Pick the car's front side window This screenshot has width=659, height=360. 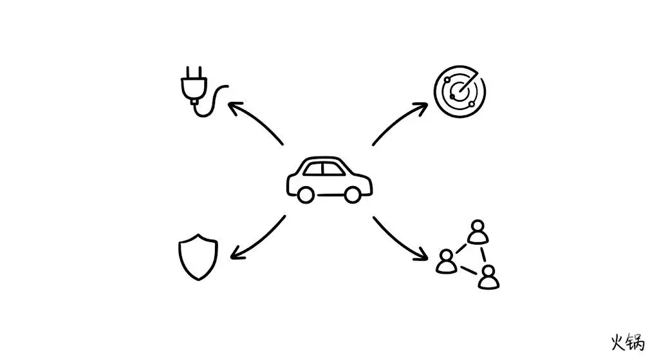coord(333,169)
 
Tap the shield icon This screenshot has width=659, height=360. coord(198,258)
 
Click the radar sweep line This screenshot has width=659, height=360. coord(468,84)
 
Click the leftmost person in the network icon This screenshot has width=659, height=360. coord(445,261)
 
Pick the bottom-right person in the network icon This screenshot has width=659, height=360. coord(489,276)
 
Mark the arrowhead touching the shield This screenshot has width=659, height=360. coord(233,255)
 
